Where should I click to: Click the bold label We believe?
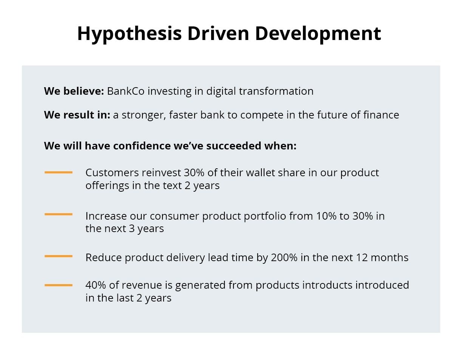click(x=74, y=91)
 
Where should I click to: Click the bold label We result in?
click(x=77, y=115)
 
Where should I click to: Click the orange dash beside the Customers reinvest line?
click(x=59, y=172)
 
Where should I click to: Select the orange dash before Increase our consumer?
click(x=59, y=214)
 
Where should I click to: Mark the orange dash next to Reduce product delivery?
click(x=59, y=256)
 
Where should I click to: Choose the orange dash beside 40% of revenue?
click(x=59, y=285)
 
